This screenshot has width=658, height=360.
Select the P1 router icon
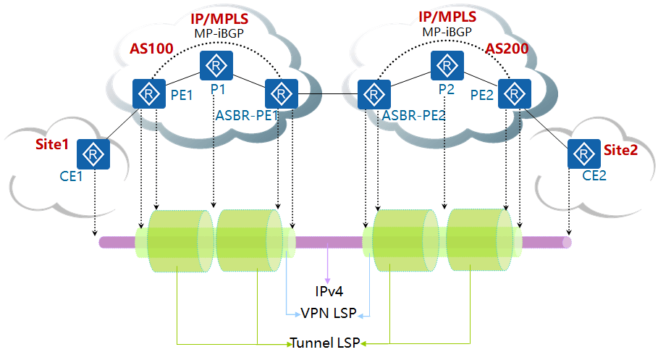(216, 66)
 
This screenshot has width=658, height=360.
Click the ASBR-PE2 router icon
(374, 93)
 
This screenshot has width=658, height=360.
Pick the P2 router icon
(447, 66)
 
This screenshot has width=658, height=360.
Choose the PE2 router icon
(513, 93)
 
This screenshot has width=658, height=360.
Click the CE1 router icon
(93, 153)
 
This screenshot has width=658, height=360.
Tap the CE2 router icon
(582, 153)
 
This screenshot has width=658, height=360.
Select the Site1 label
(52, 144)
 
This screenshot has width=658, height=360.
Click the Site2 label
(623, 150)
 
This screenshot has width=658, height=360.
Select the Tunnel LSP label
(326, 342)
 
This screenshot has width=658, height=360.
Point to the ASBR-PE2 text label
(413, 114)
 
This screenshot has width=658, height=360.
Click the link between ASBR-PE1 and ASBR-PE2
(327, 93)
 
